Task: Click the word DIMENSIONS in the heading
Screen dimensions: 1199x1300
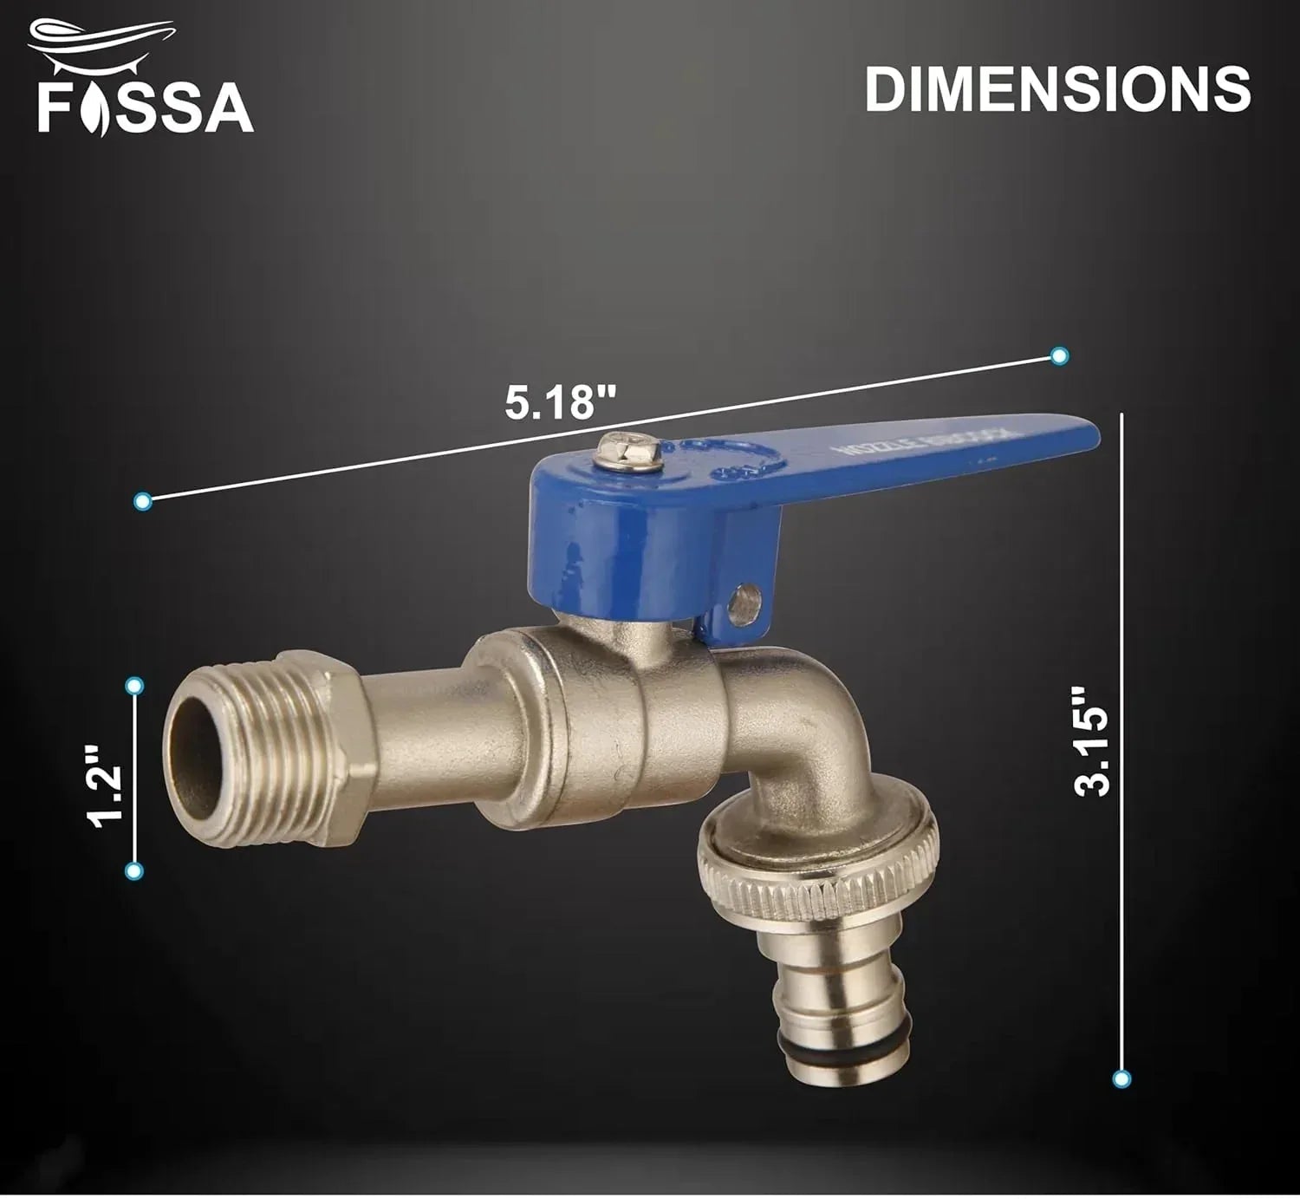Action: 1057,89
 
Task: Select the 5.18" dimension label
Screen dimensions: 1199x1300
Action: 561,403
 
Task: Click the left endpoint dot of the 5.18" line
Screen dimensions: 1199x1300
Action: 144,501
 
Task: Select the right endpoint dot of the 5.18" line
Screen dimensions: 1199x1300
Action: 1058,355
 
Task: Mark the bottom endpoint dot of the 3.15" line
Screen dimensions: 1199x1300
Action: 1121,1078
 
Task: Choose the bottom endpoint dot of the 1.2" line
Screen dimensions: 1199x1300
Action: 133,871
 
